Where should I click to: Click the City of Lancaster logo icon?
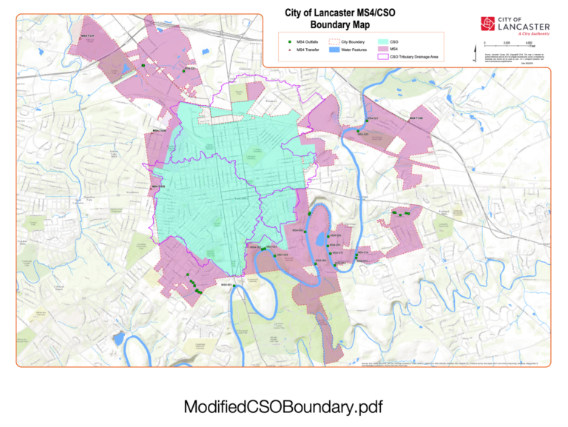coord(489,24)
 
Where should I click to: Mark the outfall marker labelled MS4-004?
coord(274,255)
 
